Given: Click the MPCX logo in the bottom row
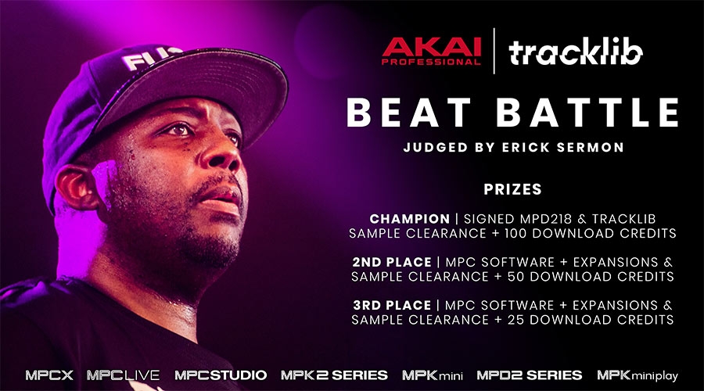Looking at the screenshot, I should (49, 375).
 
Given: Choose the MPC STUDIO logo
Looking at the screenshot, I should (221, 375).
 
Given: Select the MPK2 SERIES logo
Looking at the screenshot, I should (334, 375).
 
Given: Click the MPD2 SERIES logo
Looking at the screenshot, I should (529, 375).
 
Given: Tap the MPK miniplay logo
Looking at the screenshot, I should (639, 375).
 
